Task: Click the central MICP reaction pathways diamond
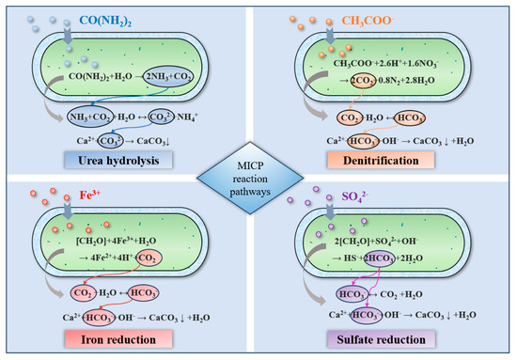258,180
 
